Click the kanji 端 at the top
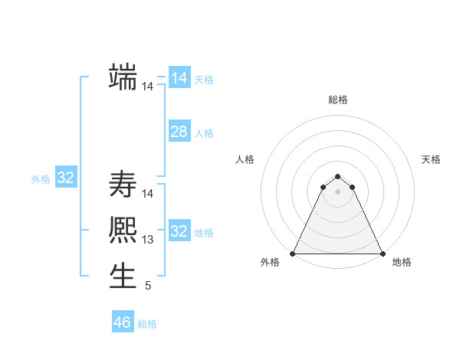(123, 77)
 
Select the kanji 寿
(123, 185)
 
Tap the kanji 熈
(123, 231)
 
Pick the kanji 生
(123, 276)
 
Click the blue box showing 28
(179, 132)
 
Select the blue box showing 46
(123, 322)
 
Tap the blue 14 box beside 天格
(179, 78)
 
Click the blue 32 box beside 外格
(65, 178)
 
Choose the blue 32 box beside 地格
(179, 231)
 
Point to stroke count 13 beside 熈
(148, 240)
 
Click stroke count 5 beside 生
(148, 286)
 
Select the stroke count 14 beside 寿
(148, 194)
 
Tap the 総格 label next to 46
(147, 324)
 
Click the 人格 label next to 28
(204, 133)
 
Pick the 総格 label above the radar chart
(337, 100)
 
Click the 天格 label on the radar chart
(432, 159)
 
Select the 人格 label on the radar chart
(245, 159)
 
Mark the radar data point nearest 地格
(383, 254)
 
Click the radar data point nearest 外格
(293, 254)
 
